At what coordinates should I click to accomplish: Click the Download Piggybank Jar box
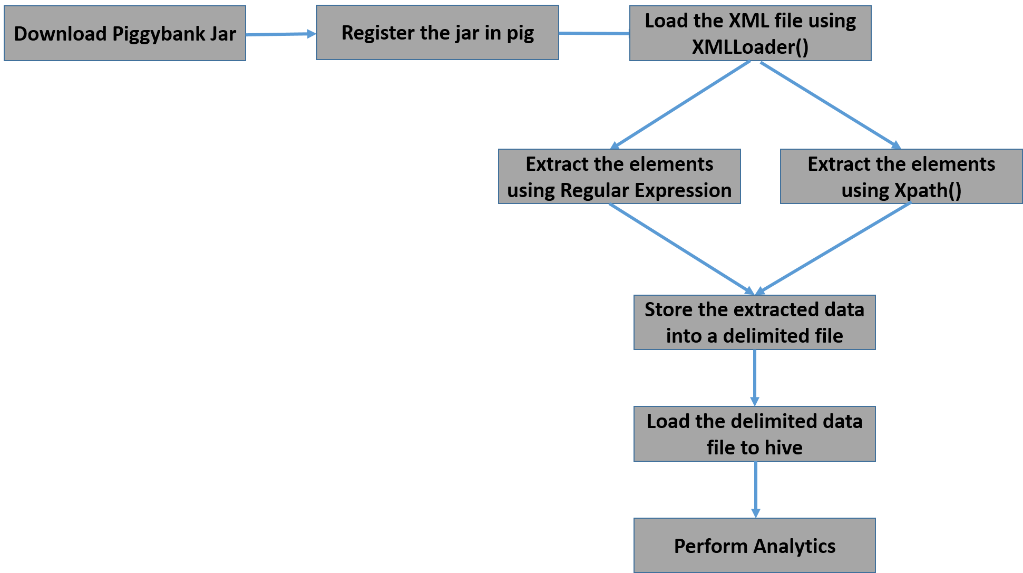pyautogui.click(x=125, y=33)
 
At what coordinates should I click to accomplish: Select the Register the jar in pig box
pyautogui.click(x=437, y=33)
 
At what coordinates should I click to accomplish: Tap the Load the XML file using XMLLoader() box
pyautogui.click(x=750, y=33)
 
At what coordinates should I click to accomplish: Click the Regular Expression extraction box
pyautogui.click(x=619, y=177)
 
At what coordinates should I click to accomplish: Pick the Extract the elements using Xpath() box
pyautogui.click(x=901, y=177)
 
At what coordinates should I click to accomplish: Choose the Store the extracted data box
pyautogui.click(x=754, y=322)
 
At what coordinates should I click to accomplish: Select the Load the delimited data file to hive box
pyautogui.click(x=754, y=434)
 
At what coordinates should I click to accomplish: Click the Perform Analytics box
pyautogui.click(x=754, y=546)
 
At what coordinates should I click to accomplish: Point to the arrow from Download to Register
pyautogui.click(x=281, y=34)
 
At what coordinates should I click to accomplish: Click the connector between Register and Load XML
pyautogui.click(x=594, y=34)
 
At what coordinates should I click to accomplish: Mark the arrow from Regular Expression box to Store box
pyautogui.click(x=681, y=248)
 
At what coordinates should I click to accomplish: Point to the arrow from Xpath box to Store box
pyautogui.click(x=834, y=248)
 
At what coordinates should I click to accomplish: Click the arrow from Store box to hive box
pyautogui.click(x=755, y=377)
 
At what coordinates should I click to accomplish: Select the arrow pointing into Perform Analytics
pyautogui.click(x=755, y=489)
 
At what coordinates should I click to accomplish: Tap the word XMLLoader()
pyautogui.click(x=750, y=47)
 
